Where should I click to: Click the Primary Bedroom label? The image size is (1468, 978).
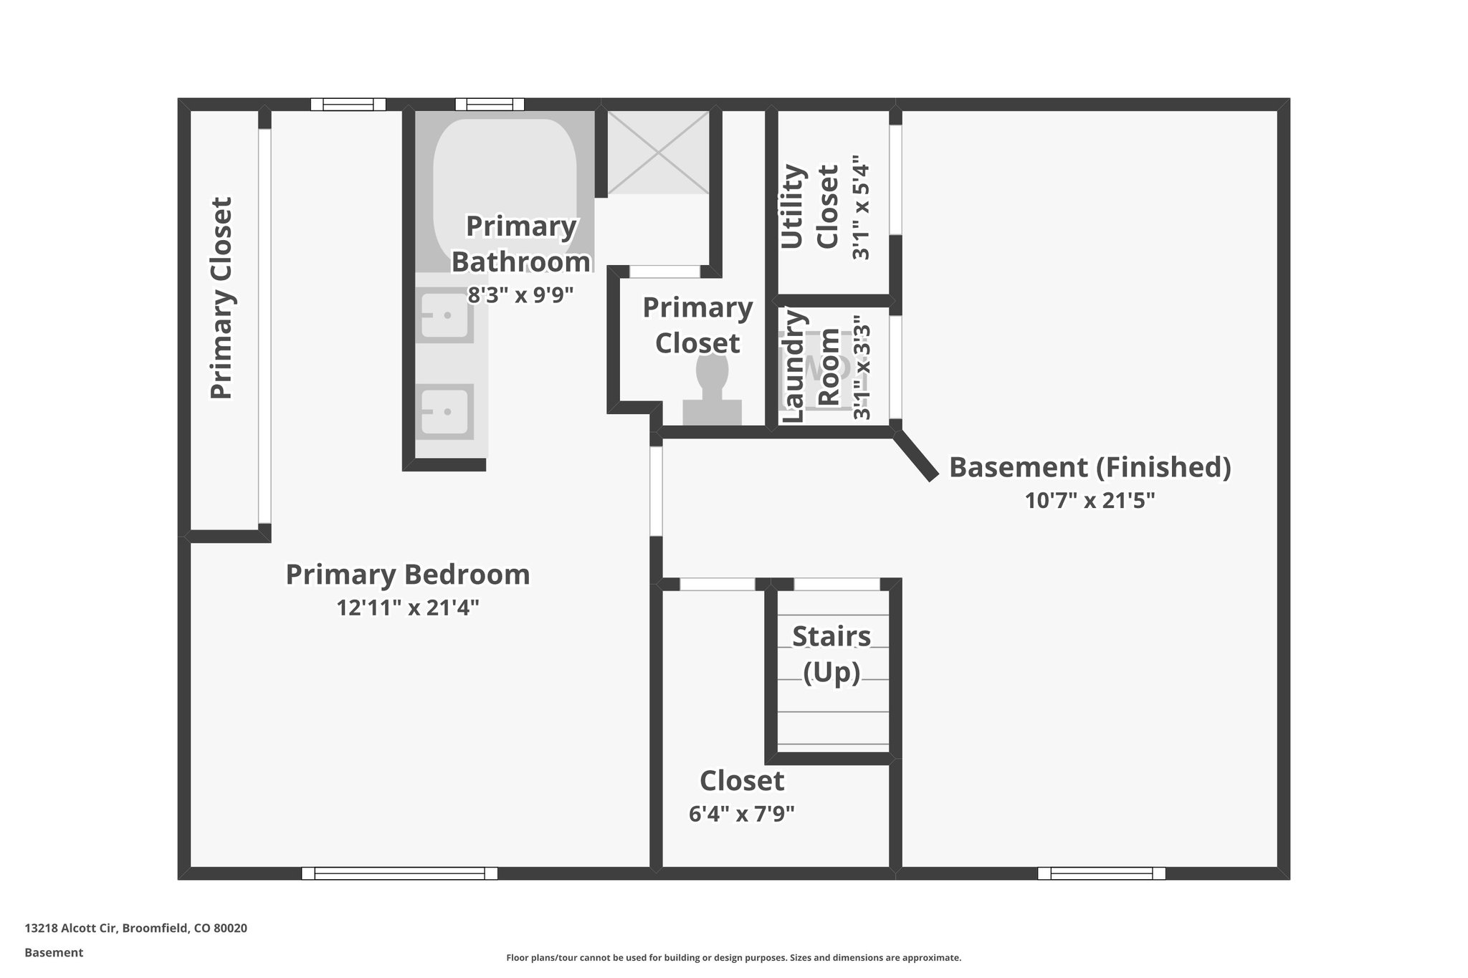pyautogui.click(x=407, y=575)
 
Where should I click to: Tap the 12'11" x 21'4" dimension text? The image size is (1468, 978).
pyautogui.click(x=407, y=608)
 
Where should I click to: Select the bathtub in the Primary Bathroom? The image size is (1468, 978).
pyautogui.click(x=505, y=179)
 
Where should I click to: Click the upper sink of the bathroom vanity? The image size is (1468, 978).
pyautogui.click(x=446, y=315)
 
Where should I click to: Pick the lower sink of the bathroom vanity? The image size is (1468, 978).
pyautogui.click(x=446, y=411)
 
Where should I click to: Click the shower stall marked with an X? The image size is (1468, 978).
pyautogui.click(x=658, y=152)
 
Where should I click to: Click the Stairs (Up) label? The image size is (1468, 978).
pyautogui.click(x=831, y=654)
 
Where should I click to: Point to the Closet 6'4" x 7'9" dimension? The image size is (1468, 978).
pyautogui.click(x=741, y=814)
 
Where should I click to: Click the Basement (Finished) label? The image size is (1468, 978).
pyautogui.click(x=1090, y=467)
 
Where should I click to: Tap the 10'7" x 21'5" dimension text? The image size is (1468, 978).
pyautogui.click(x=1090, y=500)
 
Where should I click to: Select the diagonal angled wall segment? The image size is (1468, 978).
pyautogui.click(x=915, y=455)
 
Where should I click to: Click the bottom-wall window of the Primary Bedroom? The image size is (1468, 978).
pyautogui.click(x=399, y=873)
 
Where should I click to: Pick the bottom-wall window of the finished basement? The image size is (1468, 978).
pyautogui.click(x=1101, y=873)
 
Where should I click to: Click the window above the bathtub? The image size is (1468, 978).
pyautogui.click(x=490, y=105)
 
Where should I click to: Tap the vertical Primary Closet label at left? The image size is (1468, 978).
pyautogui.click(x=221, y=298)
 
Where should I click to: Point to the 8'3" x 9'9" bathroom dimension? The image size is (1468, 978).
pyautogui.click(x=520, y=295)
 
